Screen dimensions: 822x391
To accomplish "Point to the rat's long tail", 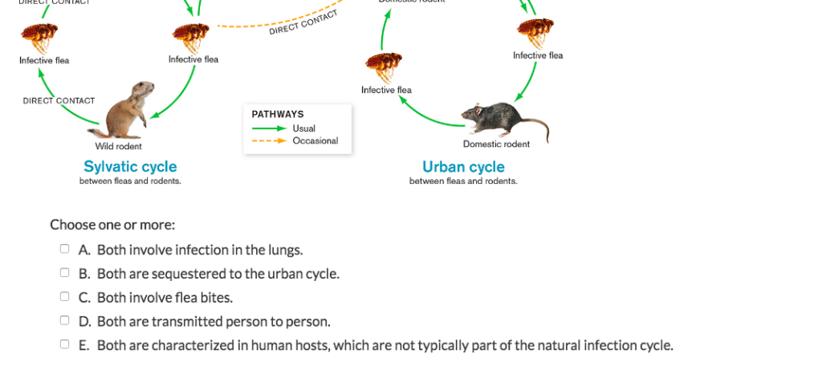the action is [x=536, y=127].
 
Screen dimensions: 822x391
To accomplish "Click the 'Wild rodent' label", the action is [x=118, y=146].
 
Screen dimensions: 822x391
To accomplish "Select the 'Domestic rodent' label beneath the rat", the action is [x=496, y=145].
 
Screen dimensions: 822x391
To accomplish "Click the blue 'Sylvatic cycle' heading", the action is [x=130, y=167].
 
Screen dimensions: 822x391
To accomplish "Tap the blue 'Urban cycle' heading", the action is [x=463, y=167].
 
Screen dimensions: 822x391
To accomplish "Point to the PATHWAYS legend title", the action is [x=278, y=115].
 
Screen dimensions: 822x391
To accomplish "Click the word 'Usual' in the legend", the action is [x=304, y=128].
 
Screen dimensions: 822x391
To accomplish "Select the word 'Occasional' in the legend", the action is [x=315, y=141].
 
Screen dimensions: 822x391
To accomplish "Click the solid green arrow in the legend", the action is [x=269, y=128].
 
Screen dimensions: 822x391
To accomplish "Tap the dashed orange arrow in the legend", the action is [x=269, y=141].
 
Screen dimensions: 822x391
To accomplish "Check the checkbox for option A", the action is [x=65, y=250].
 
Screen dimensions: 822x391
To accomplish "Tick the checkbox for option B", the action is [x=65, y=273].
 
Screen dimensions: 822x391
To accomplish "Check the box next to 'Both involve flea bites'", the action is [x=65, y=297].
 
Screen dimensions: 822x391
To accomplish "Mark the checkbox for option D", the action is [x=65, y=321].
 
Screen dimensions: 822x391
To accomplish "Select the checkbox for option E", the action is [x=65, y=345].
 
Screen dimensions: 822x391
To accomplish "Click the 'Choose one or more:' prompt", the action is [x=112, y=225].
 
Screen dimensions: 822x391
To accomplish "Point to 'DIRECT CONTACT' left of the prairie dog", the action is [x=59, y=101].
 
